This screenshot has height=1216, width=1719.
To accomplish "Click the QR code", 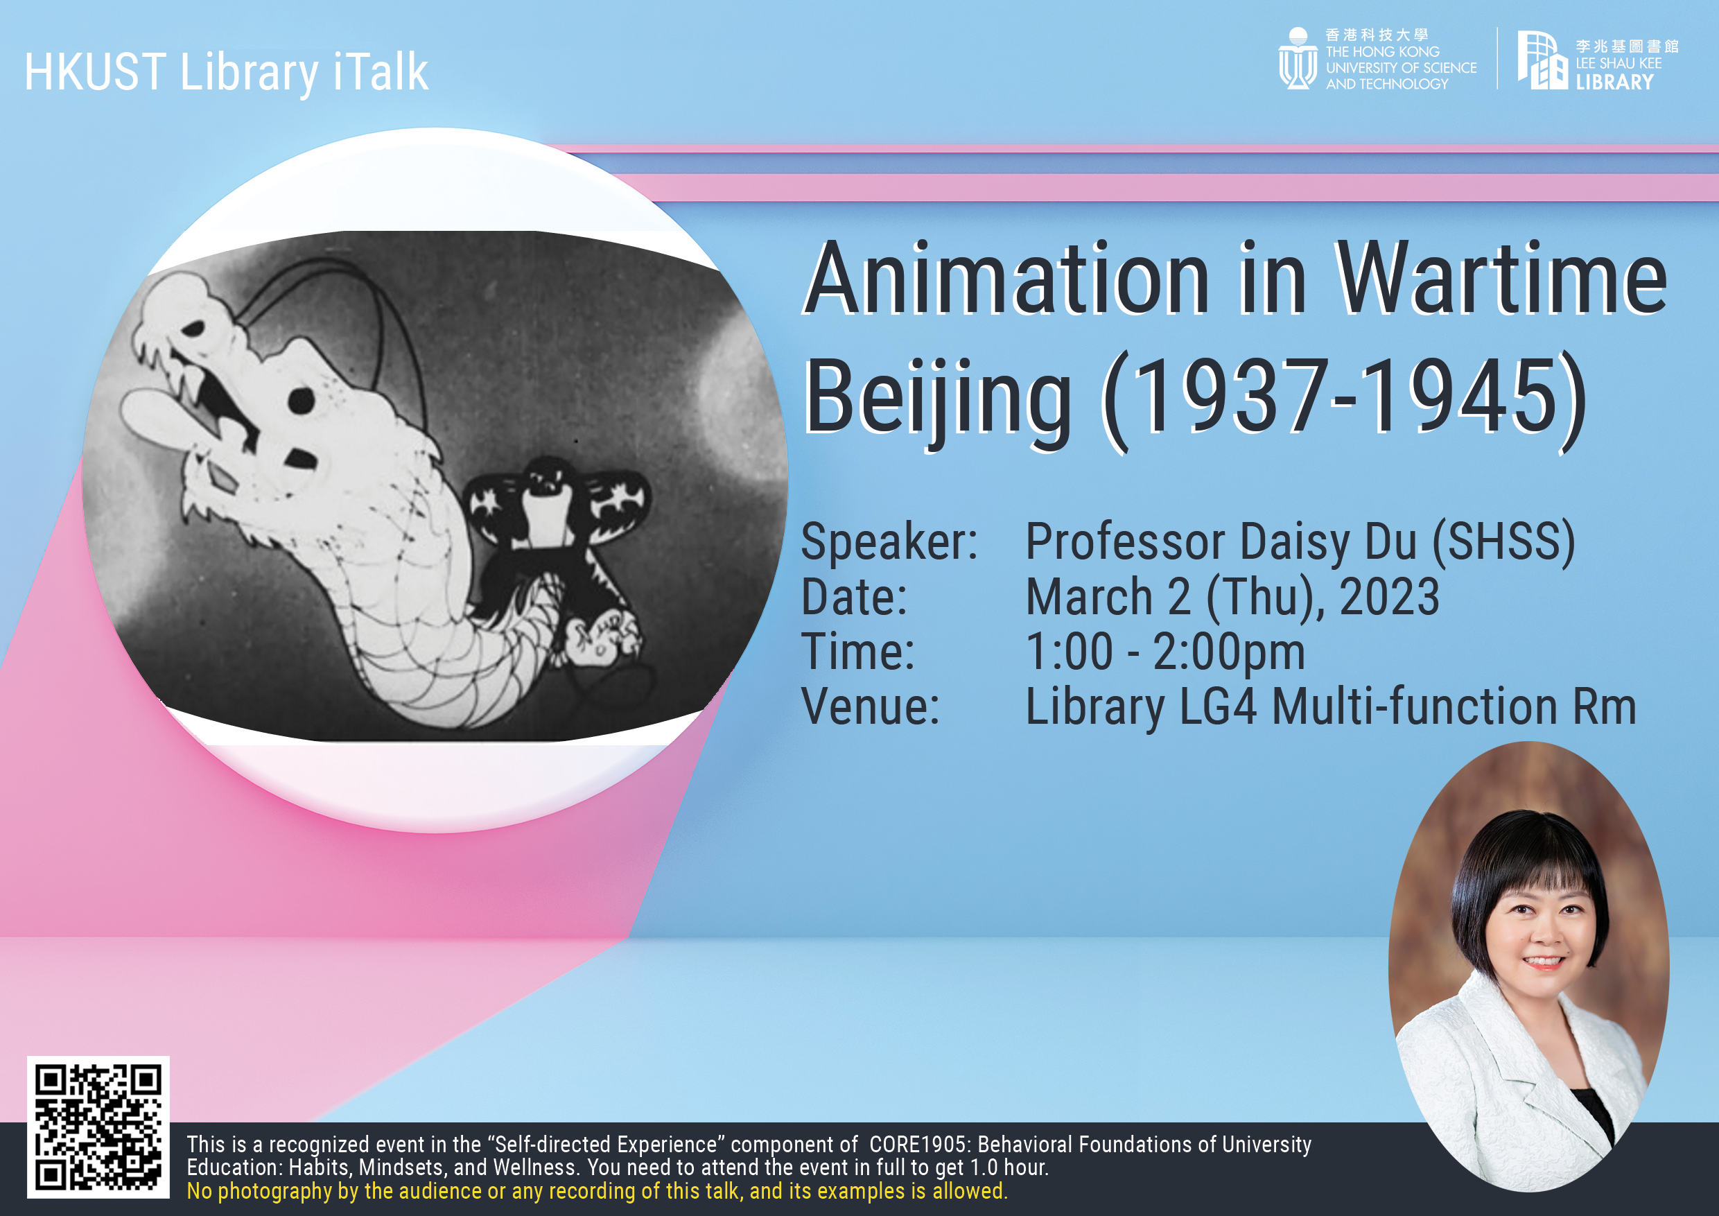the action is click(x=98, y=1127).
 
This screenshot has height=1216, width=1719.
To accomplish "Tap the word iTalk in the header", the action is click(x=381, y=72).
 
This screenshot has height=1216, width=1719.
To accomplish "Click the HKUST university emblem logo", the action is click(x=1298, y=58).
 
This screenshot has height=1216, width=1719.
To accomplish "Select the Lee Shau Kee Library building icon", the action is click(x=1542, y=60).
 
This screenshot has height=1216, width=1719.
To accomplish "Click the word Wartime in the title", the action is click(x=1502, y=279).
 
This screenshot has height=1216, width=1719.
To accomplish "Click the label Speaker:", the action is click(x=889, y=541).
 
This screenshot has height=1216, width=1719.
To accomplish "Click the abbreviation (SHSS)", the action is click(x=1503, y=542).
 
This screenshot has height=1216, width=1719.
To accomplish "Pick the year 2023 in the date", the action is click(x=1389, y=597).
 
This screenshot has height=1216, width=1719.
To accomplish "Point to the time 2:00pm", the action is click(x=1229, y=653).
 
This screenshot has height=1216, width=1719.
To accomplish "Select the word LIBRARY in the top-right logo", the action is click(x=1614, y=82).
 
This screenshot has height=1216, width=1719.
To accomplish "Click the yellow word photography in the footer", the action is click(x=274, y=1191).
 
